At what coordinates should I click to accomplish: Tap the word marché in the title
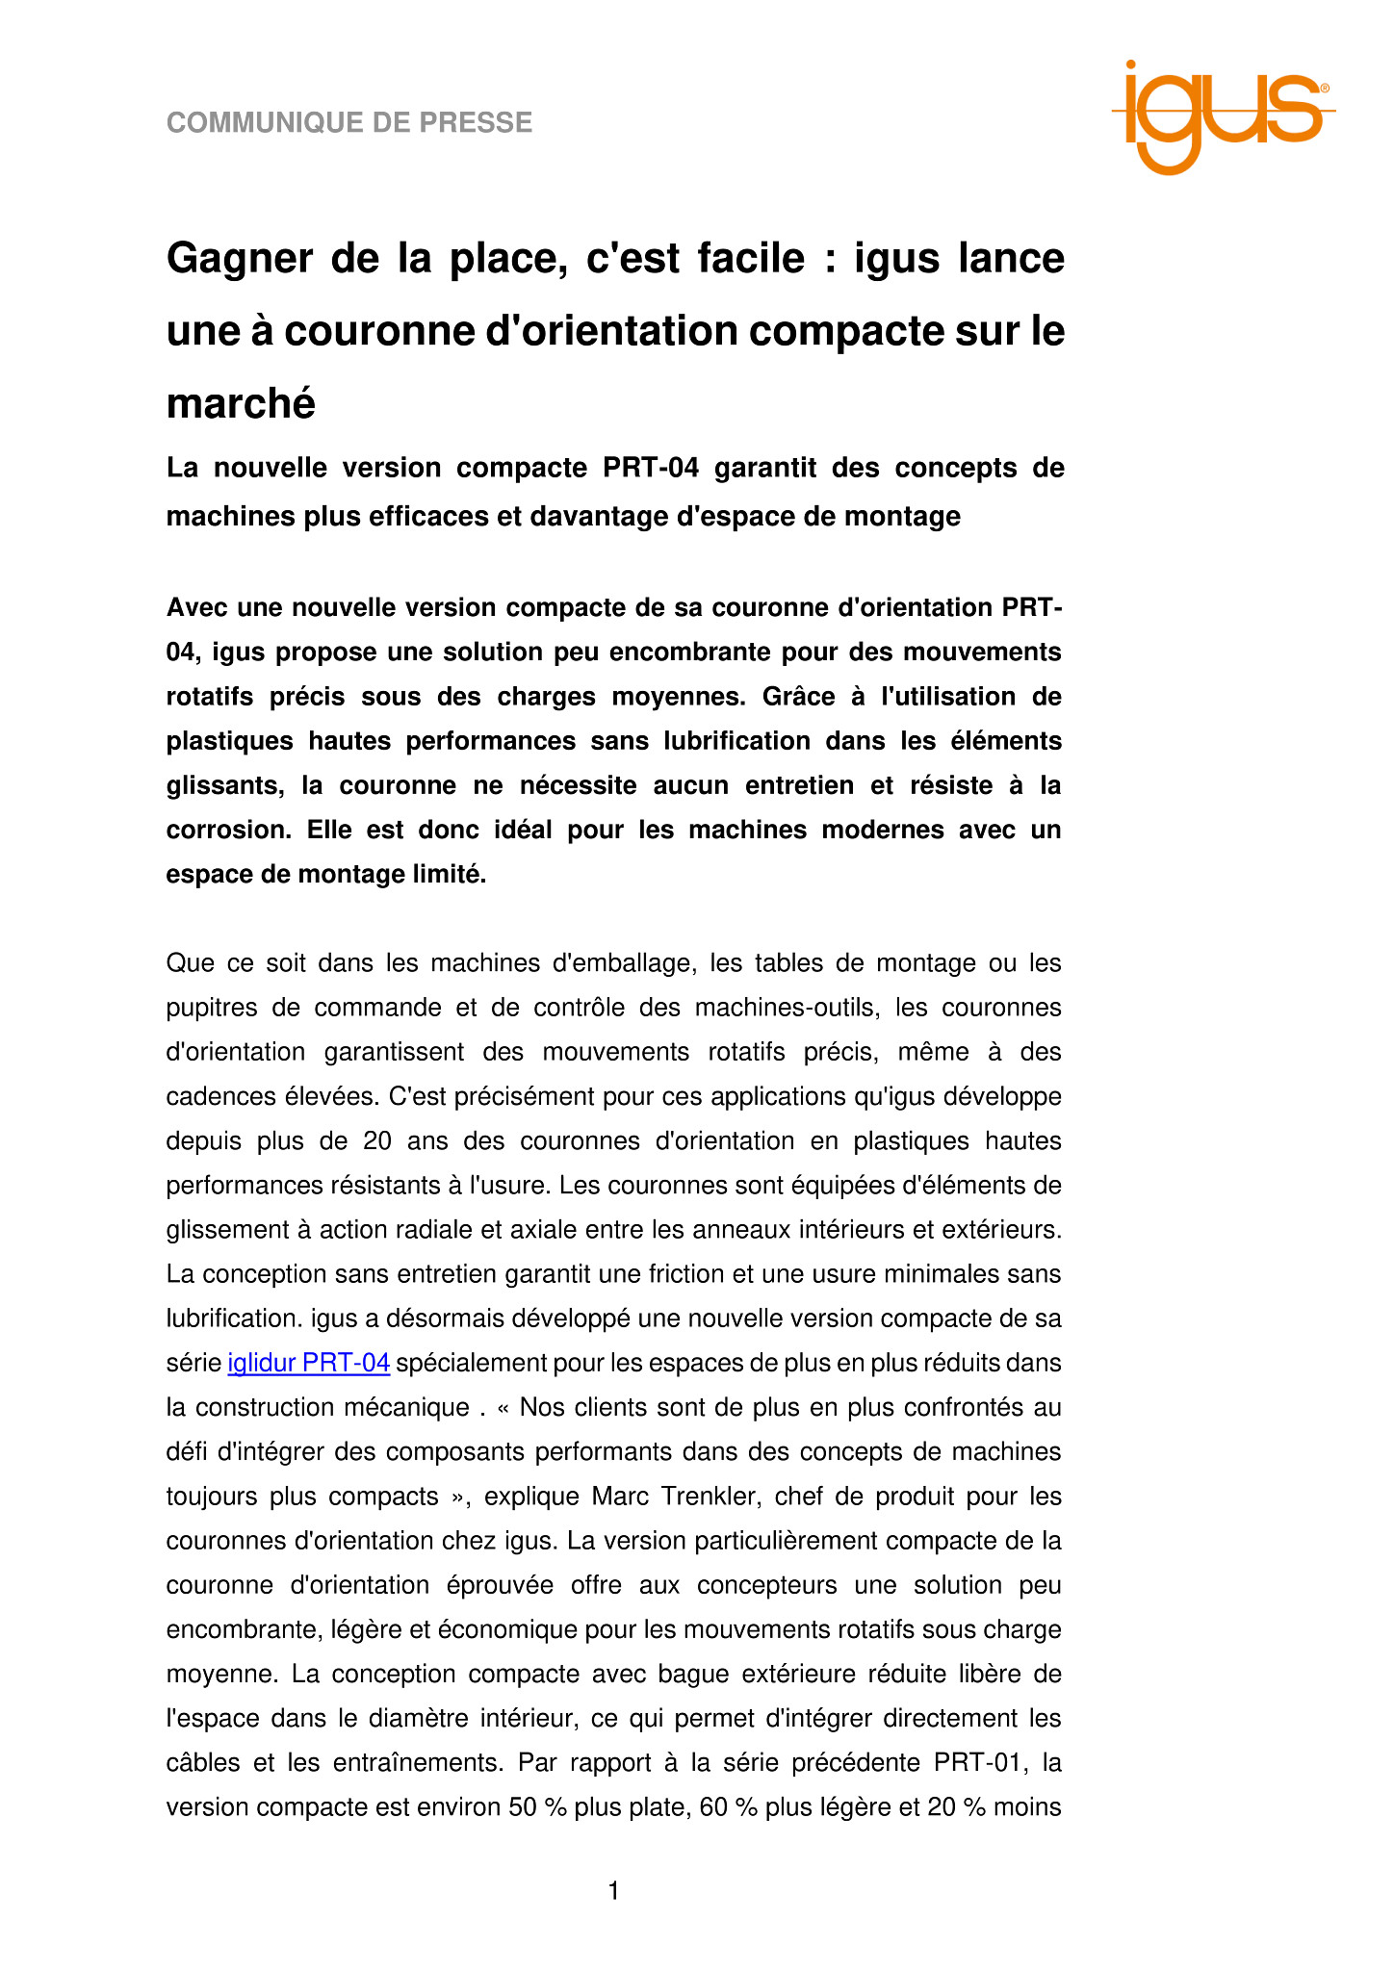tap(241, 403)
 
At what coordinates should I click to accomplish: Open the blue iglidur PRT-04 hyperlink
tap(308, 1364)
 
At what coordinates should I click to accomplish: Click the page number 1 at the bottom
tap(613, 1892)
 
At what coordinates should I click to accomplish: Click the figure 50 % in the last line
tap(537, 1807)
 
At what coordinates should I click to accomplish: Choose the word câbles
tap(202, 1763)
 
